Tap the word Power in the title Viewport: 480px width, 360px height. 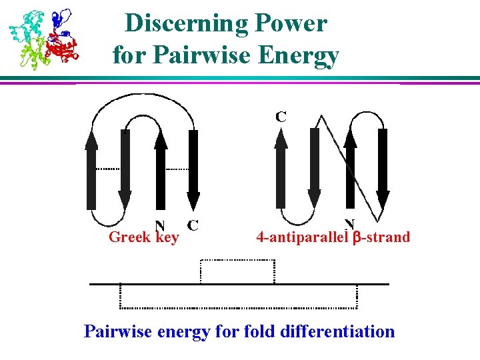pos(294,24)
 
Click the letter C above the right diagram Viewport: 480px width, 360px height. pos(281,117)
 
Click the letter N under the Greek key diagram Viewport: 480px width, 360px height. pos(160,225)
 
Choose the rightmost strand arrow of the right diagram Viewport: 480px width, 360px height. pos(382,167)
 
